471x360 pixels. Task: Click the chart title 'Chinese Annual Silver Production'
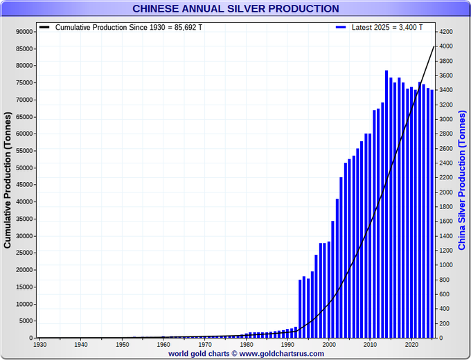[x=235, y=8]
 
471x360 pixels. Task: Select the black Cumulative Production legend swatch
[x=44, y=27]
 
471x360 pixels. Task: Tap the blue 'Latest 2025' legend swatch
[x=341, y=27]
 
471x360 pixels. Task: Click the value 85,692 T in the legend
[x=188, y=27]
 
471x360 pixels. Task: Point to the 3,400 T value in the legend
[x=411, y=27]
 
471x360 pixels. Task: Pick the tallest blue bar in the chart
[x=386, y=204]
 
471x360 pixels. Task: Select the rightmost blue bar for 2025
[x=432, y=214]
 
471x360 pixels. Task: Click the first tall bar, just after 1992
[x=300, y=309]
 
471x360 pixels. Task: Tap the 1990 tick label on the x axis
[x=287, y=344]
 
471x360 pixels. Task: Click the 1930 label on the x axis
[x=39, y=344]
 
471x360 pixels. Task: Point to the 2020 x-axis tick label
[x=412, y=344]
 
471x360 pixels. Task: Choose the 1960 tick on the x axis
[x=163, y=344]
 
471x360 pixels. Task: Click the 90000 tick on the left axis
[x=25, y=32]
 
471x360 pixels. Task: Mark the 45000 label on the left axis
[x=25, y=185]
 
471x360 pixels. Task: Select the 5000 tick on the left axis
[x=27, y=321]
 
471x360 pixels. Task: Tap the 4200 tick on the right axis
[x=446, y=32]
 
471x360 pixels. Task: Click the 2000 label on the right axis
[x=446, y=192]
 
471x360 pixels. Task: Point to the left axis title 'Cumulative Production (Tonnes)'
[x=7, y=180]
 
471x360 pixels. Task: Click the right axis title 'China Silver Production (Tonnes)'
[x=462, y=180]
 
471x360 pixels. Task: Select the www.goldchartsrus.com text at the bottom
[x=282, y=354]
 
